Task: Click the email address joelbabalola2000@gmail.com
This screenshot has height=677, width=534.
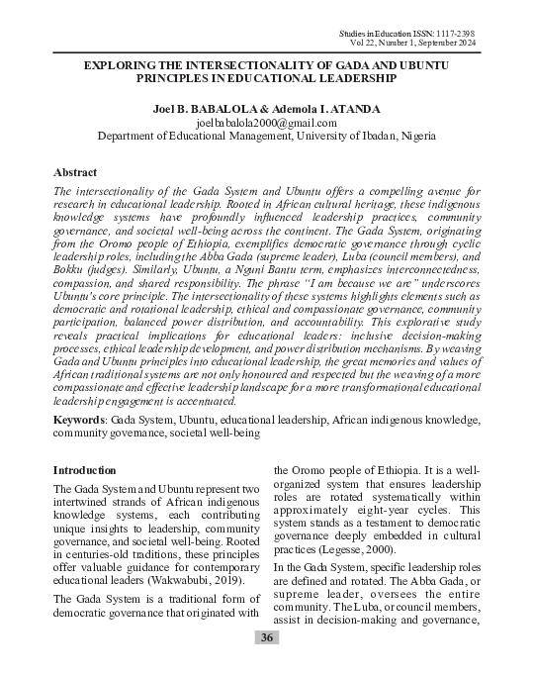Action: (x=267, y=123)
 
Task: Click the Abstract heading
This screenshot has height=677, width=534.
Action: (x=75, y=172)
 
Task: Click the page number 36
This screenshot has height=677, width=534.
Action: (x=267, y=637)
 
